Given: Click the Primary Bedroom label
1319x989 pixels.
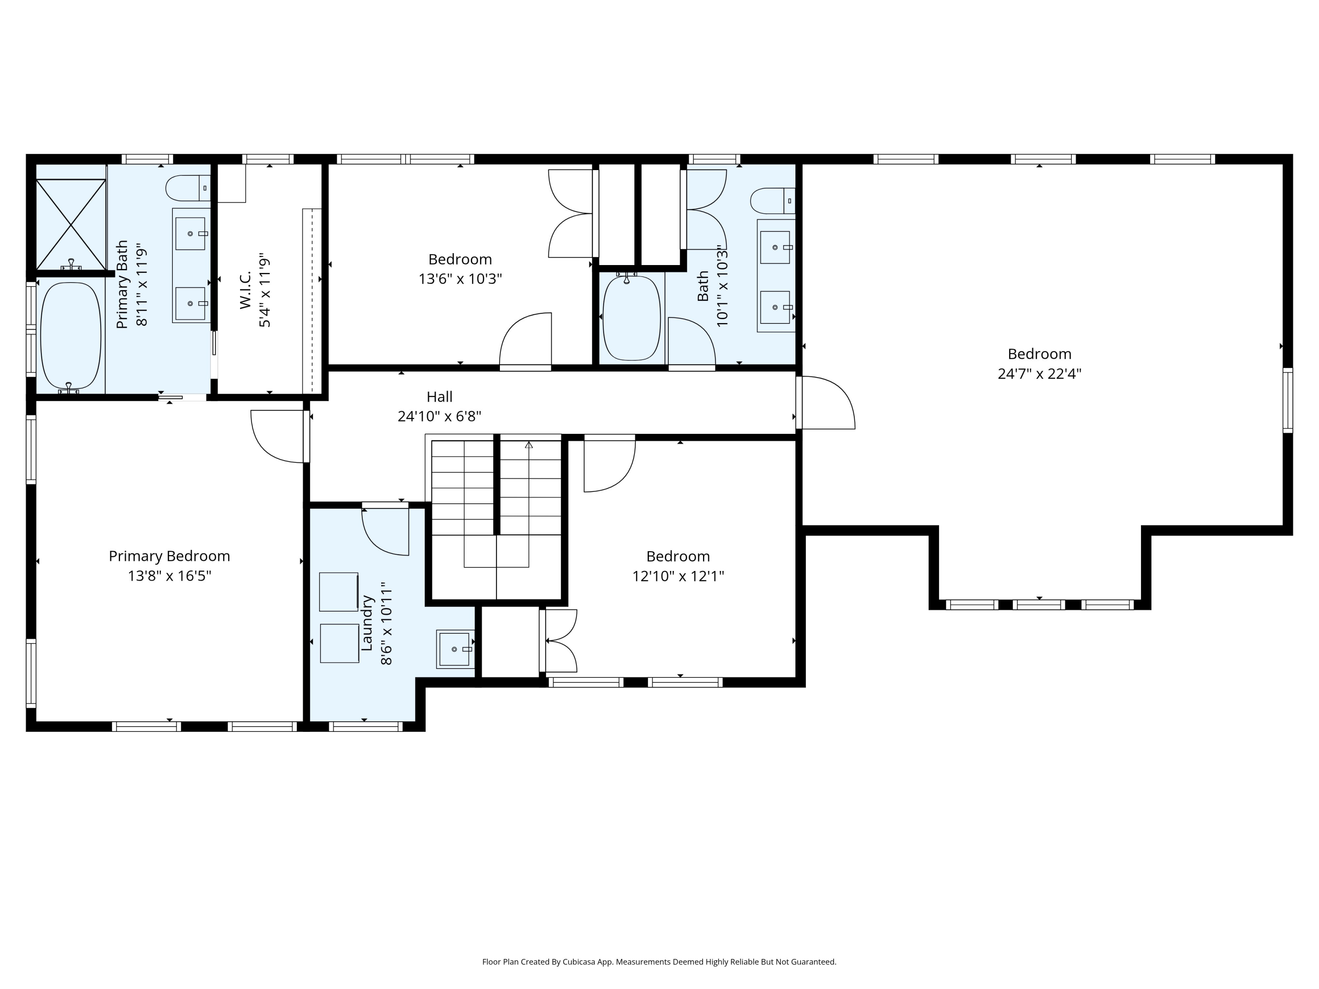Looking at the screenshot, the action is coord(169,556).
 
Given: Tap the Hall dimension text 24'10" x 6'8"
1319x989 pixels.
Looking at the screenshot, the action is coord(440,416).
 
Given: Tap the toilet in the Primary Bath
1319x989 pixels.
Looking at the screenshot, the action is coord(188,188).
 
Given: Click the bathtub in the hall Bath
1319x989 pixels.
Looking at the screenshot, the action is coord(631,317).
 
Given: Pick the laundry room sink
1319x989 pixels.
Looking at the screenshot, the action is coord(455,649).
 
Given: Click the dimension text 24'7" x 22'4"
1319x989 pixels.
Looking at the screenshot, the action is coord(1039,374).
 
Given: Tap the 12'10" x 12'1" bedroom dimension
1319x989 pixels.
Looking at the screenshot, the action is coord(678,576).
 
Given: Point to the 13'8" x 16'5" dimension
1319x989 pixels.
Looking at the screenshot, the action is coord(169,576).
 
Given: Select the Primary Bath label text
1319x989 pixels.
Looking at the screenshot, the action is coord(122,284).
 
